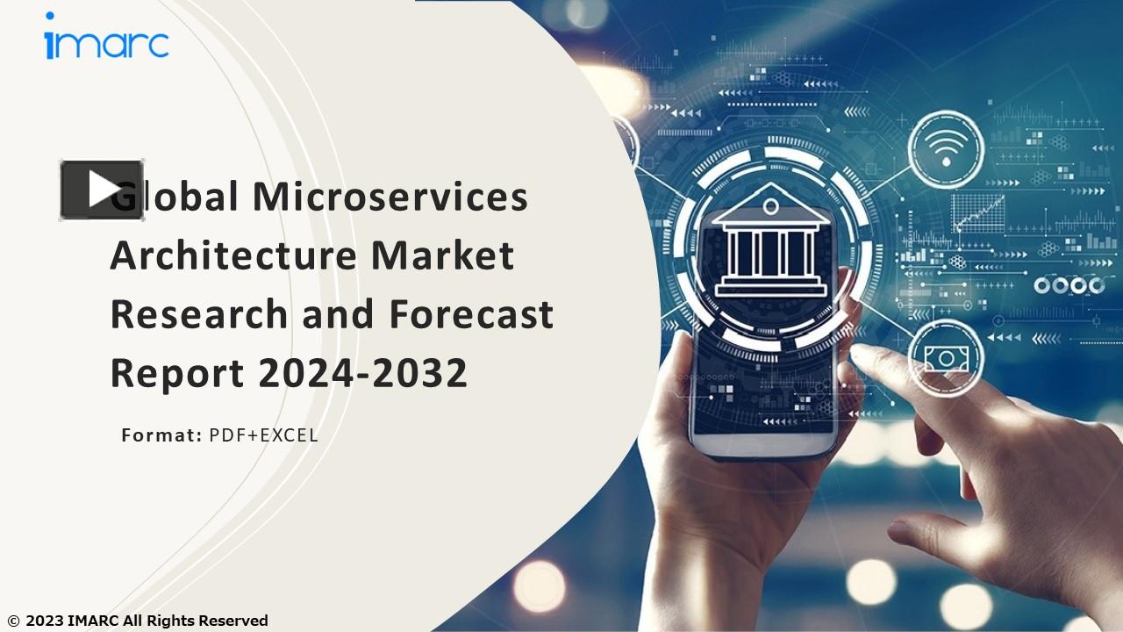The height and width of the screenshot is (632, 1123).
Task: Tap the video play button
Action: (x=102, y=190)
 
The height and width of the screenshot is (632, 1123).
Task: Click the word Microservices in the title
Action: (x=390, y=196)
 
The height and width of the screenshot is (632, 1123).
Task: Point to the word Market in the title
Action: (x=442, y=255)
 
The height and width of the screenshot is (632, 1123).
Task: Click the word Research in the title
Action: (x=198, y=314)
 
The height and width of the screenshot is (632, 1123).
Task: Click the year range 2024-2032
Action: (x=362, y=373)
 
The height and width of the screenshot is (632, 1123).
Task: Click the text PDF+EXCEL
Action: (x=263, y=434)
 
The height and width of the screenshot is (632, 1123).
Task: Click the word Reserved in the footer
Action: (x=232, y=621)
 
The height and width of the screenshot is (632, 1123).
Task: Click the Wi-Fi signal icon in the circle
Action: (x=945, y=149)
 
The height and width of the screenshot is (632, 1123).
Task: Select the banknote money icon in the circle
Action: (x=945, y=356)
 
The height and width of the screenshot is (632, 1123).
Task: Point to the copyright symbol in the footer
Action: (x=12, y=621)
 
